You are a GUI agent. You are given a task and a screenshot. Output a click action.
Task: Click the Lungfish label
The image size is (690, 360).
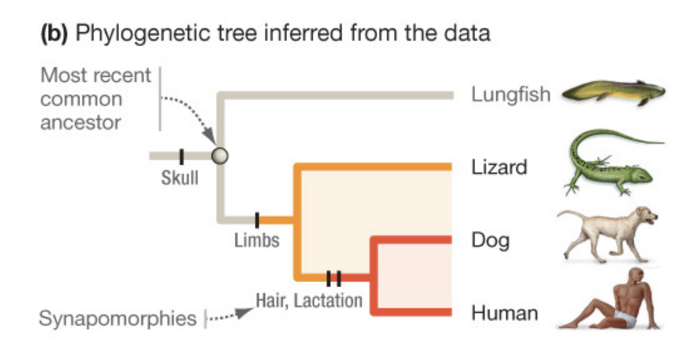510,95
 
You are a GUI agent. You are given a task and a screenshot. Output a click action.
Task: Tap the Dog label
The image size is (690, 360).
490,240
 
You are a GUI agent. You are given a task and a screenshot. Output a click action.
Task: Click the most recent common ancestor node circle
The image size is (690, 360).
219,156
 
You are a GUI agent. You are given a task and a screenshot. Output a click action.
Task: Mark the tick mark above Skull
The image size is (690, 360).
182,156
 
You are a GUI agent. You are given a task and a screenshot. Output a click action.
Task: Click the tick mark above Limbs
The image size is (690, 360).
257,221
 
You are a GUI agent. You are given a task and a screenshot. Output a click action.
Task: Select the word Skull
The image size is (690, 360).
180,178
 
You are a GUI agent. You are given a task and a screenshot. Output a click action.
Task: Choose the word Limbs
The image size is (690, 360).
257,240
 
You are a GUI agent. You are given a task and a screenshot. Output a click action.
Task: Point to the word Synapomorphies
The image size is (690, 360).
117,318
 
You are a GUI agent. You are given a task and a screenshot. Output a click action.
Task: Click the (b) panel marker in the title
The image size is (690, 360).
54,34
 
